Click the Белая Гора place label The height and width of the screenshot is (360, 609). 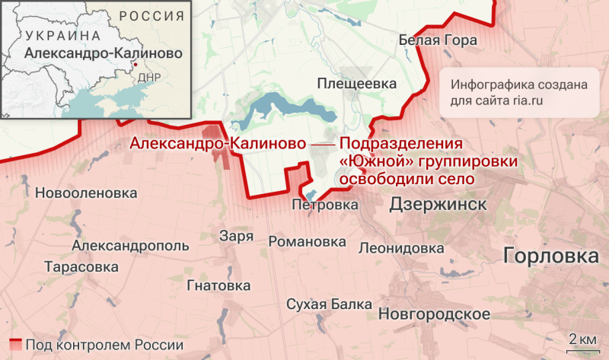coord(437,41)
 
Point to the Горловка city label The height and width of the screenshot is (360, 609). coord(551,256)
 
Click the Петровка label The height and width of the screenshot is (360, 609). coord(325,205)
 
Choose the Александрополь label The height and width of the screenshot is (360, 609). coord(130,246)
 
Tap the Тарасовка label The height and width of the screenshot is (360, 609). coord(81,267)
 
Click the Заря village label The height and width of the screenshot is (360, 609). coord(236,236)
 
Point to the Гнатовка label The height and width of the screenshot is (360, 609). coord(218,285)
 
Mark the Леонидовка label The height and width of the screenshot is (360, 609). coord(401,248)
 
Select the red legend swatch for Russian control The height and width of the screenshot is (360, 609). coord(15,344)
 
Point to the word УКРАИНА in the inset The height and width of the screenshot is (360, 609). coord(62,36)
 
